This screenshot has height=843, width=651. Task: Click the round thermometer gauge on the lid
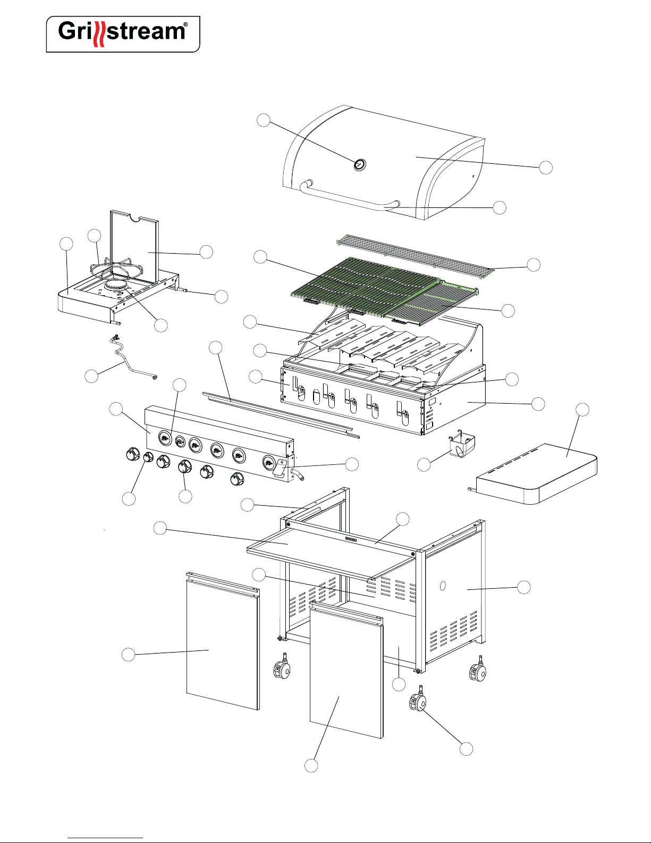[360, 164]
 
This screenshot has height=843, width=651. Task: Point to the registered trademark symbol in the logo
[185, 24]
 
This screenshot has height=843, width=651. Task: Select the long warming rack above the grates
[415, 256]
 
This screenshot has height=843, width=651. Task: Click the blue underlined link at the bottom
[105, 838]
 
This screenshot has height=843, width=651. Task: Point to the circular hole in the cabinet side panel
[443, 586]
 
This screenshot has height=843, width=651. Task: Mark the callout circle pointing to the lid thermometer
[264, 120]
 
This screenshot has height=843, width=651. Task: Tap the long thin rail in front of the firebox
[281, 415]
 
